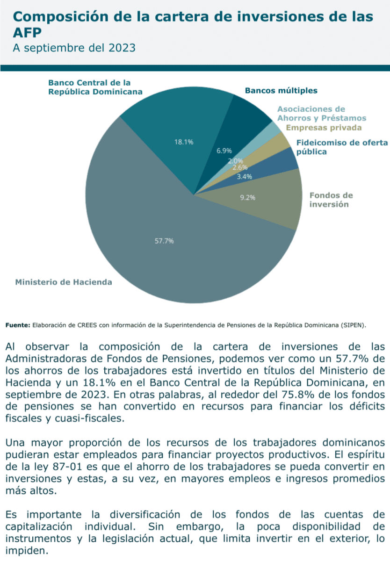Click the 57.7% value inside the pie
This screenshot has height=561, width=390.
click(x=164, y=241)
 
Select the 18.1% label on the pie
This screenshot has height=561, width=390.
click(x=184, y=142)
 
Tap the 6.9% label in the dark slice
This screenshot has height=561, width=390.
click(x=224, y=151)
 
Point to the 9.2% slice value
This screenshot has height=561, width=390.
click(x=247, y=198)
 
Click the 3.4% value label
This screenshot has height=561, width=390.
click(x=245, y=177)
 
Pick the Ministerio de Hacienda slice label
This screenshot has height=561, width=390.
click(x=64, y=282)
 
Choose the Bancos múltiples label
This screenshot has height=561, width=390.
click(x=281, y=90)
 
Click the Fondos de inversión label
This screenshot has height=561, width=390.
click(x=331, y=200)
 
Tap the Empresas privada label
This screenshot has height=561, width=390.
click(x=324, y=128)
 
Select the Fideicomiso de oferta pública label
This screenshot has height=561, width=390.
click(x=342, y=147)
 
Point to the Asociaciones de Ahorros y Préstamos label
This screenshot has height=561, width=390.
click(x=321, y=114)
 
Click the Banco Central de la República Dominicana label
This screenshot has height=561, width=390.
click(x=95, y=87)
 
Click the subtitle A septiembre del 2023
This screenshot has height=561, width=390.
click(x=74, y=48)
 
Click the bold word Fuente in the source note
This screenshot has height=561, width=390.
click(x=17, y=324)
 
